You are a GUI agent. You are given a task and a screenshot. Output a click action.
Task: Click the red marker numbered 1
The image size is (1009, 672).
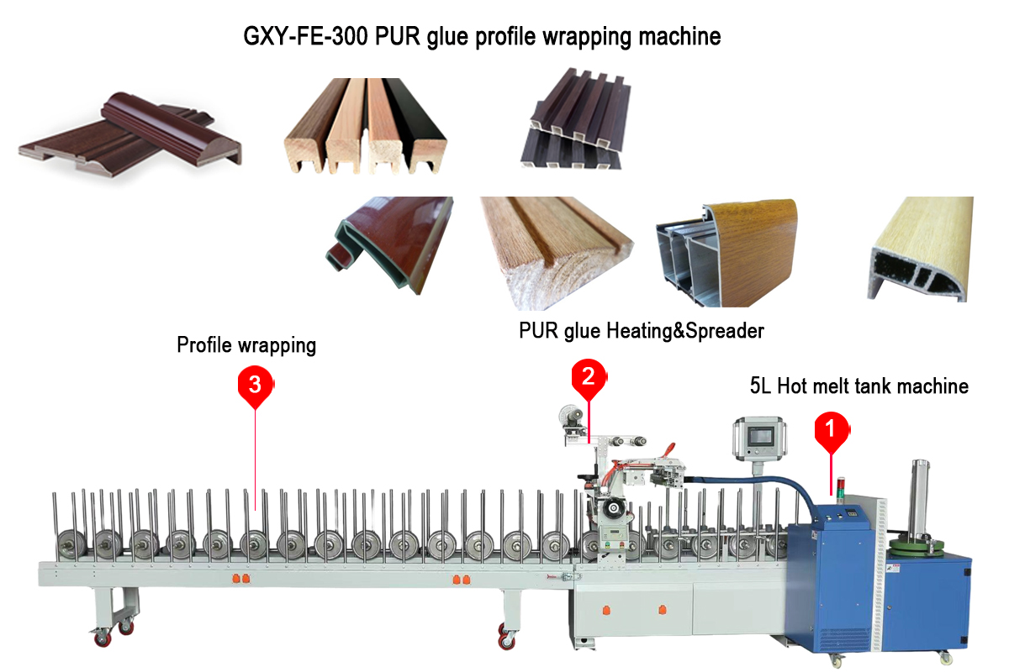point(830,429)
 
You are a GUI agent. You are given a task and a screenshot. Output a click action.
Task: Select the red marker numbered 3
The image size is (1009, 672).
point(255,384)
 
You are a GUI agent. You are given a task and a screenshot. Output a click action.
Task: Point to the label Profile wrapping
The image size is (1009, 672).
point(246,344)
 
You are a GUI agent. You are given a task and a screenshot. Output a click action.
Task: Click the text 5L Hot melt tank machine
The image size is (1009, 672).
point(858,386)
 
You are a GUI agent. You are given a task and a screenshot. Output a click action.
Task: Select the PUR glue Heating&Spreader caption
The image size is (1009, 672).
point(641,331)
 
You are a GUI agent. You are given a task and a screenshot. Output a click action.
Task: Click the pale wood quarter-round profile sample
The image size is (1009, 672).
point(920,250)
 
